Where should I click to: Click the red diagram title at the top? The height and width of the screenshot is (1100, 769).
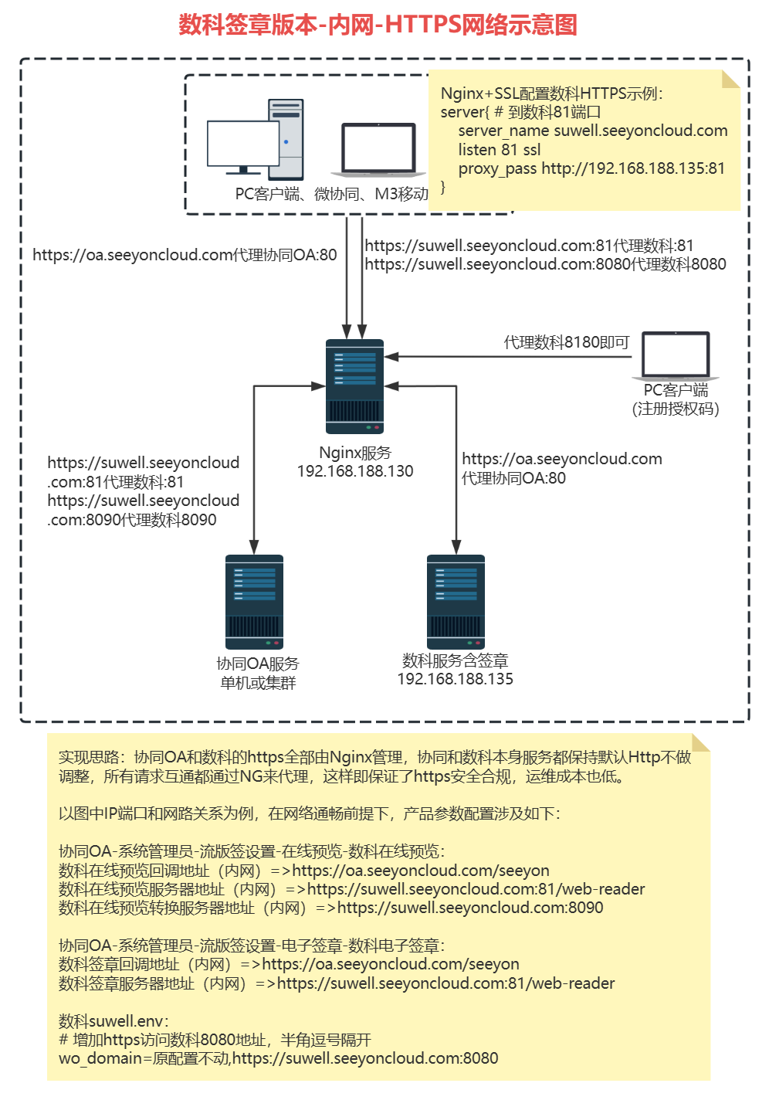pos(378,25)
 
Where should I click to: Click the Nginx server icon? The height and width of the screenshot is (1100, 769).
pos(354,386)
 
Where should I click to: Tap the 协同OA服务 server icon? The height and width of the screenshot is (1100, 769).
pos(254,602)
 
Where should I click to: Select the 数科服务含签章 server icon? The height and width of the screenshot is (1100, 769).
pos(456,602)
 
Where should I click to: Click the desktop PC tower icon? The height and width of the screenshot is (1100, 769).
pos(286,139)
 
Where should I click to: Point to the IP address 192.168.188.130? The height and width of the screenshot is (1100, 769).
pos(355,471)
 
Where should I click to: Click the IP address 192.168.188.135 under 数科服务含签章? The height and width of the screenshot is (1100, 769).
pos(455,679)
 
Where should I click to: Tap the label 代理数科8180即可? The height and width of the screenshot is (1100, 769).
pos(567,342)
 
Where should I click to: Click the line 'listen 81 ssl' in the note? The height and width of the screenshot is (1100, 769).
pos(500,150)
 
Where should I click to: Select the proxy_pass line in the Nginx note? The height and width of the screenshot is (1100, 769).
pos(591,168)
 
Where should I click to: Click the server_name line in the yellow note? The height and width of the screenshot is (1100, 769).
pos(592,131)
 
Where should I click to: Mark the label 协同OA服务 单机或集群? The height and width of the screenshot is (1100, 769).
pos(258,673)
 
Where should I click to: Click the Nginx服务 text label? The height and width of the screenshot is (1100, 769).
pos(355,453)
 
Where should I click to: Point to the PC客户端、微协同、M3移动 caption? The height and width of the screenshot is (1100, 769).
pos(331,194)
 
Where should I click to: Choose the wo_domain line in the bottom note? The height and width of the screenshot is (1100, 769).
pos(278,1058)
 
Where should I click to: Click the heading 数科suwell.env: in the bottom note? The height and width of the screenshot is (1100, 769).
pos(113,1021)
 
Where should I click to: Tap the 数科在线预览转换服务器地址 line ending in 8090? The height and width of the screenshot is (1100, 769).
pos(330,908)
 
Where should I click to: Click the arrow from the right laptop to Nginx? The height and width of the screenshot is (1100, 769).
pos(510,357)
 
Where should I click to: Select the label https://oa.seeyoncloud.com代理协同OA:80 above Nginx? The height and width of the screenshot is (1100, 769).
pos(185,255)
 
